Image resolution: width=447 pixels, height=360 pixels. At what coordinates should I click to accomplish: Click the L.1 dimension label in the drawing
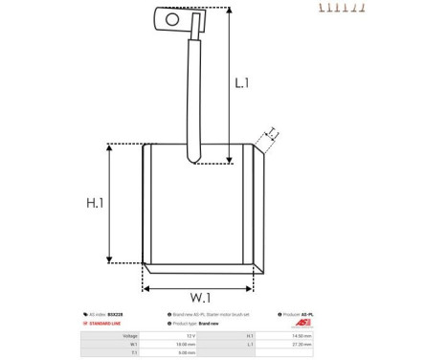241,83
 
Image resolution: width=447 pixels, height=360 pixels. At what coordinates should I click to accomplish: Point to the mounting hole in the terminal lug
172,18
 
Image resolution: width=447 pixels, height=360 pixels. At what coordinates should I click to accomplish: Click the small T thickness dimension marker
271,133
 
